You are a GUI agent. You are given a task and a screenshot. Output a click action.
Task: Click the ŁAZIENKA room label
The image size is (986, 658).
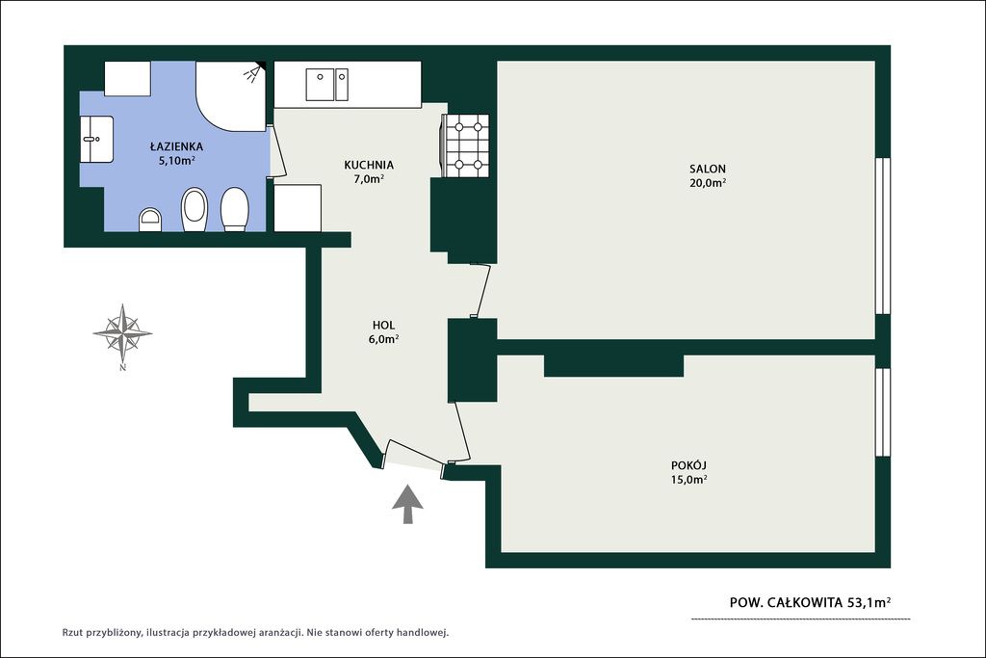pos(176,146)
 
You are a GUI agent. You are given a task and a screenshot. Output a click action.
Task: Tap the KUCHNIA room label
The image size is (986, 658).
pos(369,165)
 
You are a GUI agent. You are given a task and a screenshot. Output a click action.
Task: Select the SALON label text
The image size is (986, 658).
pos(708,169)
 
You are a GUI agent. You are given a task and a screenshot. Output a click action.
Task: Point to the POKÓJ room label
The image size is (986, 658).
pos(689,465)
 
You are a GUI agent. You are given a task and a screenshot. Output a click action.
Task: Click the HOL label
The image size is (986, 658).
pos(383,326)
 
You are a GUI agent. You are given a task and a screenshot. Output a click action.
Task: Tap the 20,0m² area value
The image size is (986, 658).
pos(708,183)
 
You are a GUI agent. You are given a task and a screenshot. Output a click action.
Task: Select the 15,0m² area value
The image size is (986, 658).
pos(689,480)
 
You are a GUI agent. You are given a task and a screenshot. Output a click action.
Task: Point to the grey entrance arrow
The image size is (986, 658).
pos(407,504)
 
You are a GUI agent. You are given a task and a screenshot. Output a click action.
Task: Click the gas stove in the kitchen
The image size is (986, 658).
pos(466,145)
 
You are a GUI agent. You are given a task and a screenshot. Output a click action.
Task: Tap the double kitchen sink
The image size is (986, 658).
pos(327,84)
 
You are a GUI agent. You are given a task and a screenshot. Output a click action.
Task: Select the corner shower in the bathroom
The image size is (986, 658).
pos(231,96)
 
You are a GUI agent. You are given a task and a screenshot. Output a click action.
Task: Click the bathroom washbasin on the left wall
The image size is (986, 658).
pos(97,139)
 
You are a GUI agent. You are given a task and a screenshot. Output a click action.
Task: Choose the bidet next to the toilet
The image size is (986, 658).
pos(195,210)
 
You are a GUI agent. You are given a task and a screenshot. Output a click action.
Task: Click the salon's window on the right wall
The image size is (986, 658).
pos(884,235)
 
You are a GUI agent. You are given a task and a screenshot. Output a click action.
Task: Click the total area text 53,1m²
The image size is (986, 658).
pos(869,603)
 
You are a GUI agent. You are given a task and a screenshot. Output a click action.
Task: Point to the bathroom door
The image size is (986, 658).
pos(277,151)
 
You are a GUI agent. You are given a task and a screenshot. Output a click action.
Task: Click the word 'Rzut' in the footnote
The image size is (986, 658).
pos(72,632)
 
